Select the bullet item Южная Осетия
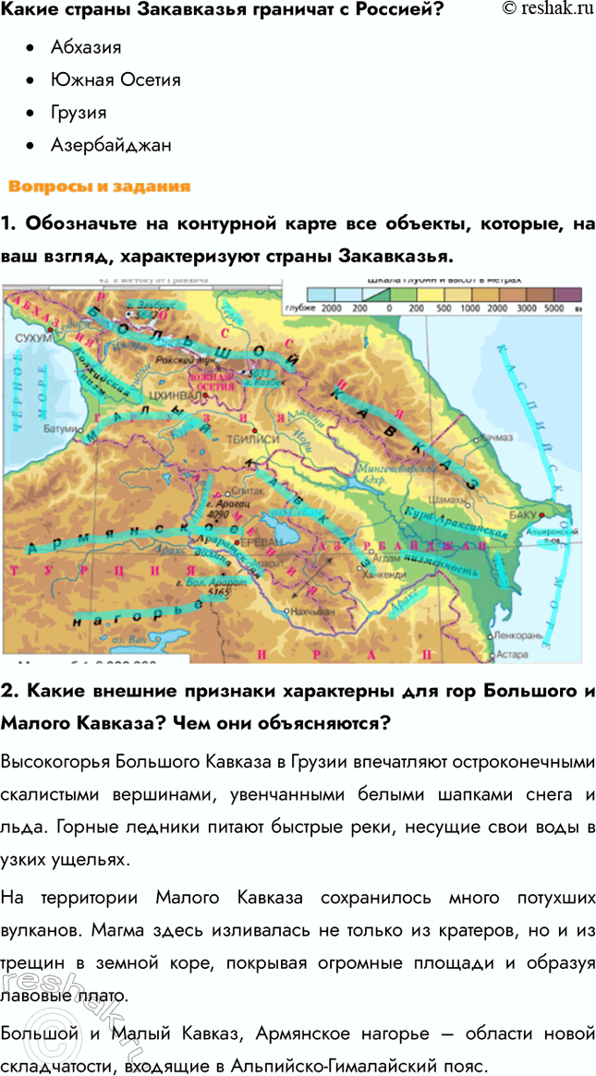click(116, 79)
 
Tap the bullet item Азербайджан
click(111, 146)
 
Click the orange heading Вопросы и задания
click(99, 187)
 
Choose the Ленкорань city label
click(516, 636)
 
